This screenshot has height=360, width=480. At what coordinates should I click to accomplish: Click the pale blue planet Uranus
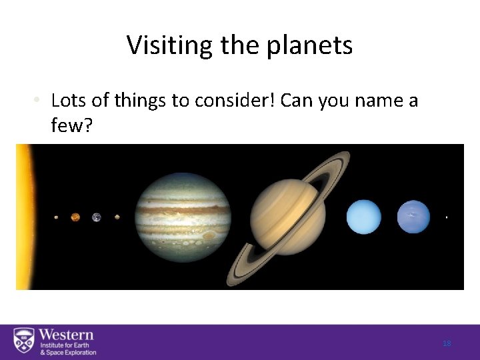[363, 217]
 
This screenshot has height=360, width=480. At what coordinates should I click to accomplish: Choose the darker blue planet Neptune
[413, 217]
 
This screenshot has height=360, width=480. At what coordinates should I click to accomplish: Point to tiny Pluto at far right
[446, 217]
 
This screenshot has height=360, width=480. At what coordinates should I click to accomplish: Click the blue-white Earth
[97, 217]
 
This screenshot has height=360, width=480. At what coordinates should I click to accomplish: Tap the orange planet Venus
[75, 217]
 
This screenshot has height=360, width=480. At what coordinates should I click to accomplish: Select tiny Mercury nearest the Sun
[56, 217]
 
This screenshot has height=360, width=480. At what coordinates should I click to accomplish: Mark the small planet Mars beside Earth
[117, 217]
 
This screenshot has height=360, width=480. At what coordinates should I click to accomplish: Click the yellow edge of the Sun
[25, 217]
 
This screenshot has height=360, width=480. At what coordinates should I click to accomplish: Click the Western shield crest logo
[24, 342]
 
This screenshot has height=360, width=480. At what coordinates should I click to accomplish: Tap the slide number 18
[447, 343]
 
